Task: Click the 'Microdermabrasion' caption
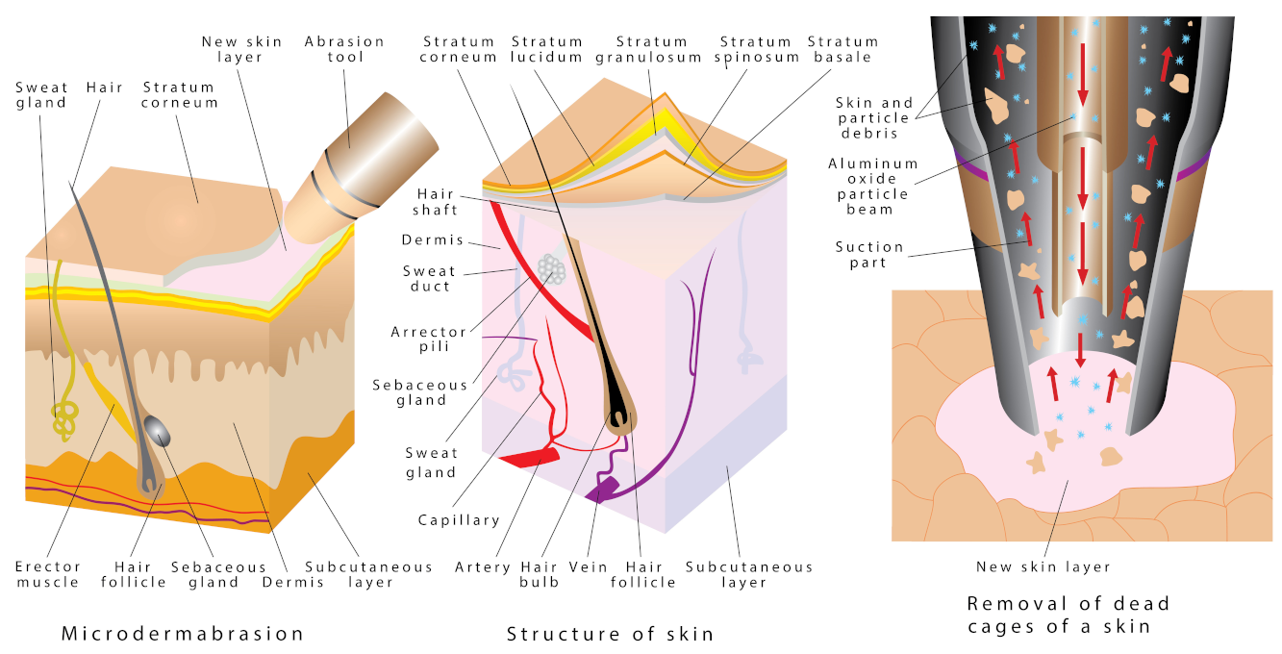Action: pos(183,634)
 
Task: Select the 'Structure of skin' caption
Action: pos(611,634)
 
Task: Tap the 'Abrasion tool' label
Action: pos(344,49)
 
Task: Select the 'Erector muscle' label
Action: pos(48,574)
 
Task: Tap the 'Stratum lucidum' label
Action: pos(547,49)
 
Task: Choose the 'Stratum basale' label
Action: pos(842,49)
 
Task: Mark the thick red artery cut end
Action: pos(527,458)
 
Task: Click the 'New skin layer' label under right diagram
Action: pos(1043,566)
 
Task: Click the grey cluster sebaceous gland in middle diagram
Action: pos(552,269)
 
